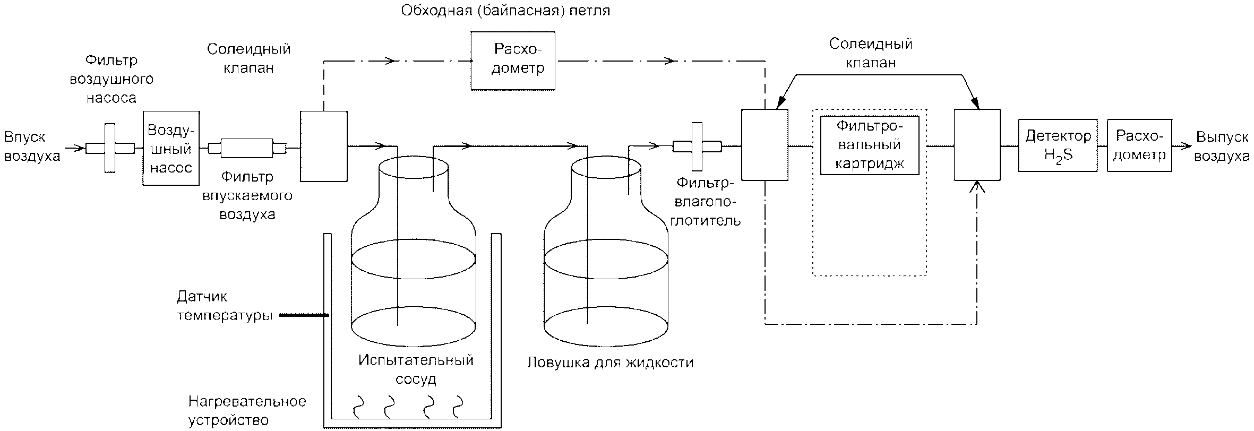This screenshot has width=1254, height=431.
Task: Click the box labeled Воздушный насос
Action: coord(171,148)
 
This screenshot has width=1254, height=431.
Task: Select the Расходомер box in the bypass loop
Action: coord(513,61)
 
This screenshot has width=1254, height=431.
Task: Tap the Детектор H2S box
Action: coord(1058,145)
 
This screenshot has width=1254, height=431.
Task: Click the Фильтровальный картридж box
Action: coord(870,145)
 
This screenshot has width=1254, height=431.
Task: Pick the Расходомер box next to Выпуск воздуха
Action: coord(1139,145)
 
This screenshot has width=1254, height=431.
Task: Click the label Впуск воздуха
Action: coord(32,146)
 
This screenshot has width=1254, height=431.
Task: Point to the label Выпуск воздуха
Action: coord(1222,146)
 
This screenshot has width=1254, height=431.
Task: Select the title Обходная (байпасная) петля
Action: coord(505,11)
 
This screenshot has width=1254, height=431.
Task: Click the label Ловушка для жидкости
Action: coord(611,363)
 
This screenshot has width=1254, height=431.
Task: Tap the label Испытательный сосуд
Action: coord(416,369)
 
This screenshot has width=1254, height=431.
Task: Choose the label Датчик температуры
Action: coord(225,306)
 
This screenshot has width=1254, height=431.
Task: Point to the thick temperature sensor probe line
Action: coord(304,315)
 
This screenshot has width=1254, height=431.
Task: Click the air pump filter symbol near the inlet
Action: coord(110,148)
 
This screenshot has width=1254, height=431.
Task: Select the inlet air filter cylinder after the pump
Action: coord(247,148)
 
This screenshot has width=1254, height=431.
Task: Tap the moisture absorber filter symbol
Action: coord(697,146)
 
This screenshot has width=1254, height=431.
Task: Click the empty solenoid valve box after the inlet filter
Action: coord(324,146)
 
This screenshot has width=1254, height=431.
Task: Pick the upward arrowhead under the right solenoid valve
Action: coord(977,187)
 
